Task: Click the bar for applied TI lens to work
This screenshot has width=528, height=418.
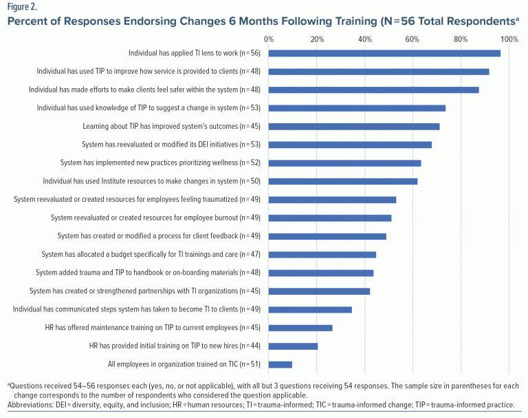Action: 384,53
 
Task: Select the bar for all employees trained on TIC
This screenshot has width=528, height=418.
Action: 280,364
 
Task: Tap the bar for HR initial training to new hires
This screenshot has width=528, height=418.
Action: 293,346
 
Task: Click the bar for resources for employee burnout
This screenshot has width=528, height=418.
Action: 330,218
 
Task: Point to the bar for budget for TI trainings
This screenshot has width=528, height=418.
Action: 322,254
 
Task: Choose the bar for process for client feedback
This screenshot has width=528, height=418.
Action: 327,236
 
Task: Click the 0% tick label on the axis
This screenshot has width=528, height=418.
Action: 269,39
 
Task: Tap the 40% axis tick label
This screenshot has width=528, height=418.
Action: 365,39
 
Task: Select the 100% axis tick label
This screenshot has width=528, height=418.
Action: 509,39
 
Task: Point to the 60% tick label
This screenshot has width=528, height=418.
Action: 413,39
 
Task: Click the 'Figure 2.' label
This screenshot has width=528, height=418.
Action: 23,7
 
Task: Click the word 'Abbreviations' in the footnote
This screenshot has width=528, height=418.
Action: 32,404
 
